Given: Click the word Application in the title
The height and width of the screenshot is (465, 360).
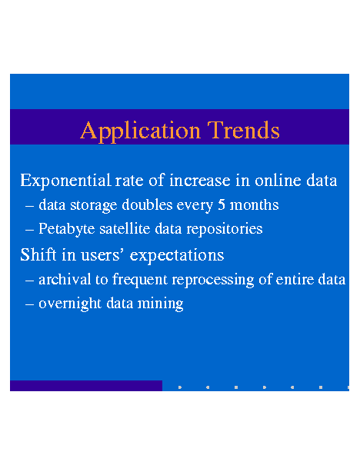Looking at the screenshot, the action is coord(140,131).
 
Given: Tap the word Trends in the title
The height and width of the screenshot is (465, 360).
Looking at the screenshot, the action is coord(243,130).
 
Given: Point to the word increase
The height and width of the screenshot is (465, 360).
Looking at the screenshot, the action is coord(200,181).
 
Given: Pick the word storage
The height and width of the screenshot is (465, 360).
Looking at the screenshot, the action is coord(94,205).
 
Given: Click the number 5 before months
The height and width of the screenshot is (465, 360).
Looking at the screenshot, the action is coord(222,205).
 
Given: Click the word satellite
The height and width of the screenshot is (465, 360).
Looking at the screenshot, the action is coord(125,228).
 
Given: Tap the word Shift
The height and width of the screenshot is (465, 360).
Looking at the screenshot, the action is coord(38,254).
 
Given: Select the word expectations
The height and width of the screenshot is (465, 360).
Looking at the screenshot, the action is coord(177,256).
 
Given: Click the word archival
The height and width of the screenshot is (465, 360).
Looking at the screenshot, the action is coord(65,279).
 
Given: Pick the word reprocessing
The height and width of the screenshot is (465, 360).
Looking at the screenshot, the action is coord(213,281).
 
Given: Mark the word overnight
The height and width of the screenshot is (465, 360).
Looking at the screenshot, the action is coord(70,304).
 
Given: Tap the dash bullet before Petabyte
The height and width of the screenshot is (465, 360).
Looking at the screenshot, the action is coord(29,230).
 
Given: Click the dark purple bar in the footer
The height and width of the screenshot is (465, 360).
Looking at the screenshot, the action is coord(86,386).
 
